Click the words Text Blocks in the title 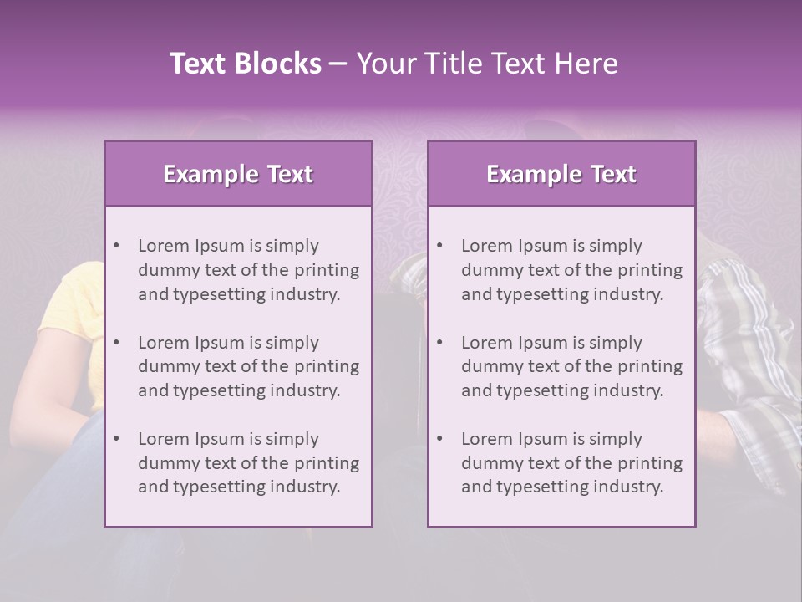(245, 64)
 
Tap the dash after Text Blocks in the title (338, 64)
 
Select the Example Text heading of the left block (238, 174)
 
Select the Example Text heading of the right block (561, 174)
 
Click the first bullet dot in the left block (116, 246)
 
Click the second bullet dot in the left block (116, 343)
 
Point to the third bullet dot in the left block (116, 439)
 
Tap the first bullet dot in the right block (439, 246)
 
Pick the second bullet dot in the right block (439, 343)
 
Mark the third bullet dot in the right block (439, 439)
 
